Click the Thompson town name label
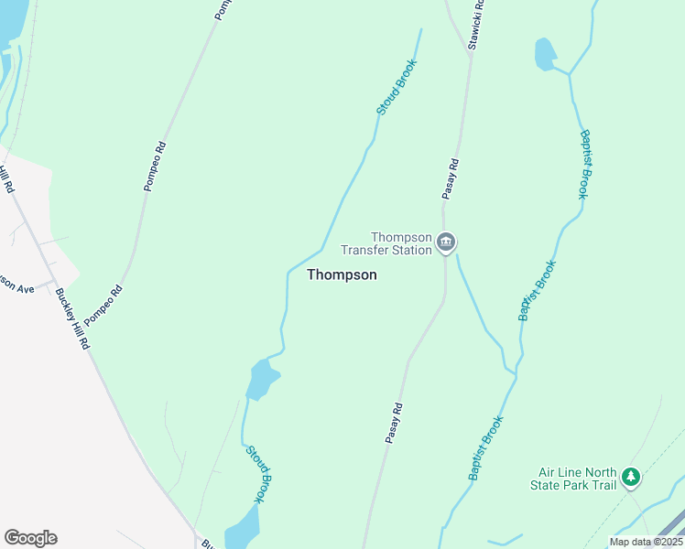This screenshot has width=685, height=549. (342, 274)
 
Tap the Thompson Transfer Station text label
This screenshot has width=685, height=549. (386, 243)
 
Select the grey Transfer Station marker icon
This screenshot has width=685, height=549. (446, 242)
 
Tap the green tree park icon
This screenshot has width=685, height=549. (630, 477)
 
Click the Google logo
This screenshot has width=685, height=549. (30, 538)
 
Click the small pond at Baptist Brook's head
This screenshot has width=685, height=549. (545, 54)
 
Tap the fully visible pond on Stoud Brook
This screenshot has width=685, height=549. (262, 378)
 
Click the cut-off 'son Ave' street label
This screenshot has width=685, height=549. (16, 287)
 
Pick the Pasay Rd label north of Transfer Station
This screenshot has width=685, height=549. (450, 178)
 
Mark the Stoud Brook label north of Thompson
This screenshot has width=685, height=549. (397, 87)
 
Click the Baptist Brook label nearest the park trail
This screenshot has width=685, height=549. (485, 448)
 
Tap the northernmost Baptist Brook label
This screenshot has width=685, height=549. (585, 164)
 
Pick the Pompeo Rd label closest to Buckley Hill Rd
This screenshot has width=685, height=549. (103, 305)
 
